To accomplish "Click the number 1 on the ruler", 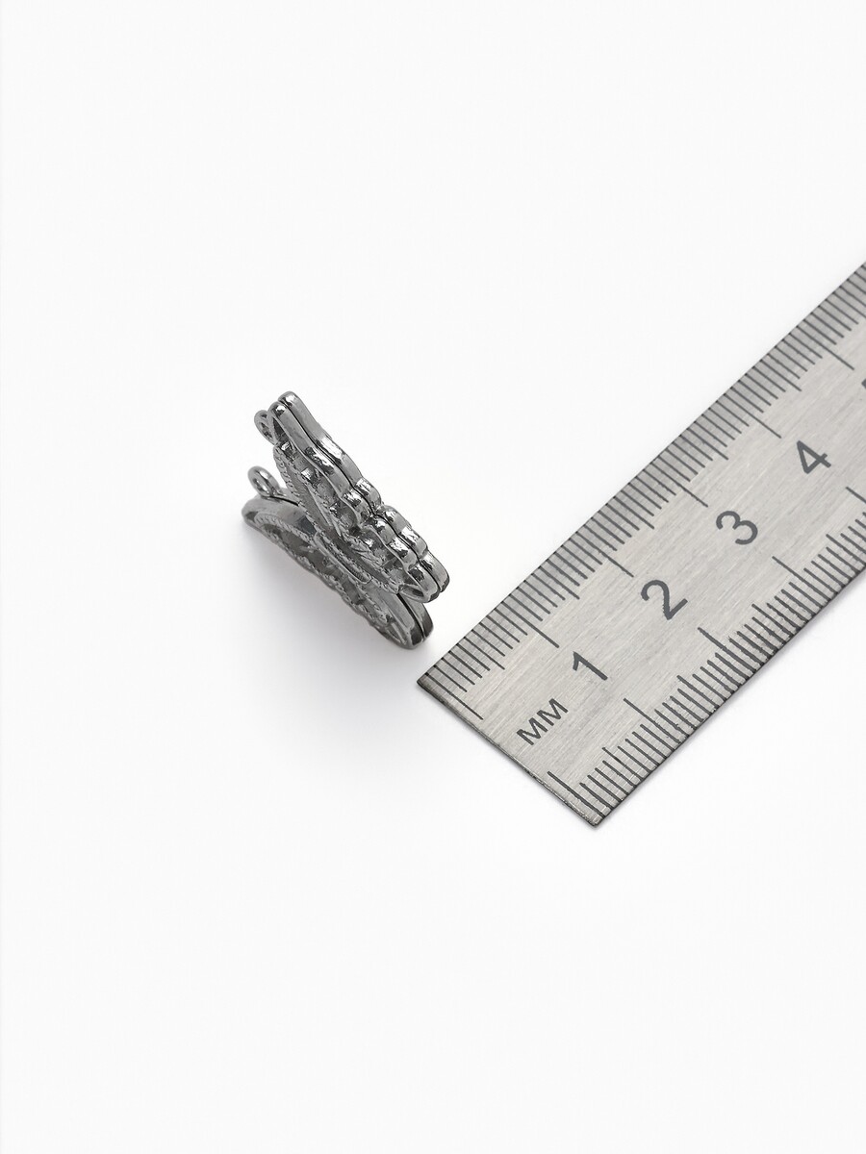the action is (x=587, y=665).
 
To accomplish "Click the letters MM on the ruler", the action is (x=543, y=721).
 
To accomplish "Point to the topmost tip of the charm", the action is (x=287, y=393).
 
